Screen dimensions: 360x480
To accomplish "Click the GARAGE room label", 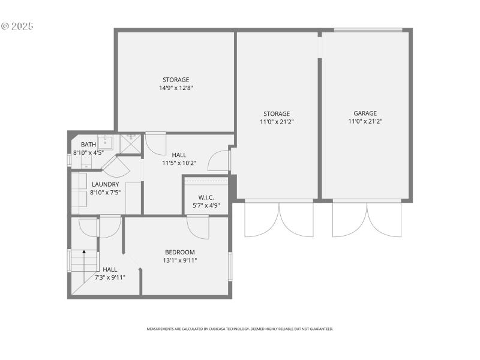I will pyautogui.click(x=365, y=113).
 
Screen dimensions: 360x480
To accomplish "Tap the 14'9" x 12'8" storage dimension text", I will pyautogui.click(x=176, y=88).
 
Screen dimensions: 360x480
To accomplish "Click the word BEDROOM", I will pyautogui.click(x=180, y=252).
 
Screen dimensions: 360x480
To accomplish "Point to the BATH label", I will pyautogui.click(x=88, y=145).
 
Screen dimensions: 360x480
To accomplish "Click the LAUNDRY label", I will pyautogui.click(x=105, y=184).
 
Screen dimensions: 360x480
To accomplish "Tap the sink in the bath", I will pyautogui.click(x=106, y=142).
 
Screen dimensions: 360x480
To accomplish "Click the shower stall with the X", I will pyautogui.click(x=130, y=144).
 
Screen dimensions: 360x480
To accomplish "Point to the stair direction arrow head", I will pyautogui.click(x=84, y=253).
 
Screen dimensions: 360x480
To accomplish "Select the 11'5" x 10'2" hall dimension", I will pyautogui.click(x=179, y=163).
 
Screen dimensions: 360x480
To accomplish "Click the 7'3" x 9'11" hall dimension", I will pyautogui.click(x=110, y=277).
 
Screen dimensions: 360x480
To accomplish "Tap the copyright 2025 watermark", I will pyautogui.click(x=17, y=26).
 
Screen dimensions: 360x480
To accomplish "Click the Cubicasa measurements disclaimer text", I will pyautogui.click(x=240, y=329).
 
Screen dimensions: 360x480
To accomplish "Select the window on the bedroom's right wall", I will pyautogui.click(x=230, y=266).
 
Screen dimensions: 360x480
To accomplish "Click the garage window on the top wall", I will pyautogui.click(x=368, y=29).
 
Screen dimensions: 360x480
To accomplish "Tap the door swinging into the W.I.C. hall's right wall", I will pyautogui.click(x=219, y=161).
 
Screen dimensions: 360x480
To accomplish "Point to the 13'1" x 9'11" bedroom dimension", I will pyautogui.click(x=180, y=260).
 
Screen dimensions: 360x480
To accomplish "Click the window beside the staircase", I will pyautogui.click(x=69, y=261).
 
